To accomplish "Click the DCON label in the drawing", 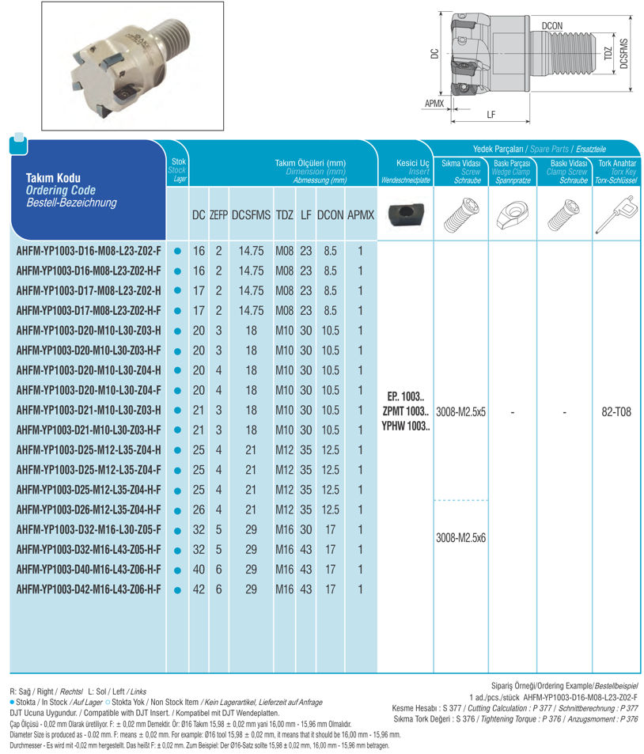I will coord(552,26).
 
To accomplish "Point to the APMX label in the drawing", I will coord(434,104).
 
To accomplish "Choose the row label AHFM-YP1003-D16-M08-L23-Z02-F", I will coord(89,252).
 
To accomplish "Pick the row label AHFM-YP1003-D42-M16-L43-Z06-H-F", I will coord(89,589).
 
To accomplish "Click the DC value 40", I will coord(199,570).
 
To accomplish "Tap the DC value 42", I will coord(199,589).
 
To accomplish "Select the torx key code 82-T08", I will coord(617,411).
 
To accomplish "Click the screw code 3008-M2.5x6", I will coord(460,536).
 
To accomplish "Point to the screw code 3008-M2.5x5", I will coord(460,411).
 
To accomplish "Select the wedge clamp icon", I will coord(512,214).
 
